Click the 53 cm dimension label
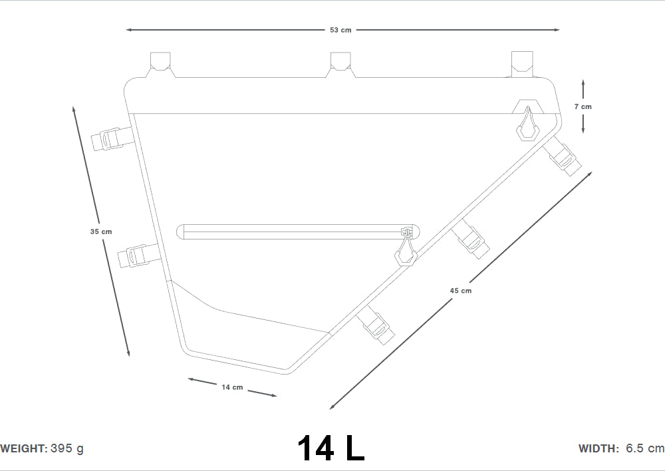pos(340,30)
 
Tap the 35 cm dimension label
pos(101,232)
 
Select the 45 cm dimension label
pos(461,291)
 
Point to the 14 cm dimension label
pos(232,387)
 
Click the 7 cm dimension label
pos(583,106)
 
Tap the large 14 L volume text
pos(331,448)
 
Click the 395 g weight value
pos(67,448)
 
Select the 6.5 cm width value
pos(645,448)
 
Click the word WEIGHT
pos(24,448)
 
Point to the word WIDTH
pos(598,448)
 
